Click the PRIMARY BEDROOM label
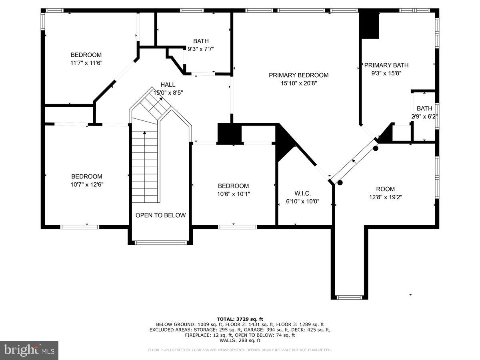pos(298,75)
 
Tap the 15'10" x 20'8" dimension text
pos(298,83)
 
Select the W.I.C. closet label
pos(303,194)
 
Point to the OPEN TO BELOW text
pos(160,215)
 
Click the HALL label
pos(168,84)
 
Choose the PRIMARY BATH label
pos(386,65)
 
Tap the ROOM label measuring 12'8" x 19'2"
pos(385,189)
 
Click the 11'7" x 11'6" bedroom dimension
pos(86,63)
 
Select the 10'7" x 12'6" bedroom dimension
pos(87,184)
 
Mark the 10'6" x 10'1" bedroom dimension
pos(233,194)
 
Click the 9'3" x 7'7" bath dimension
pos(201,49)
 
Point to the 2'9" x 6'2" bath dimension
pos(424,117)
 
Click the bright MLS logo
pos(29,350)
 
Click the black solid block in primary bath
pos(370,25)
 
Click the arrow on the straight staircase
pos(144,133)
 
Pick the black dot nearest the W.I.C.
pos(340,183)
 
